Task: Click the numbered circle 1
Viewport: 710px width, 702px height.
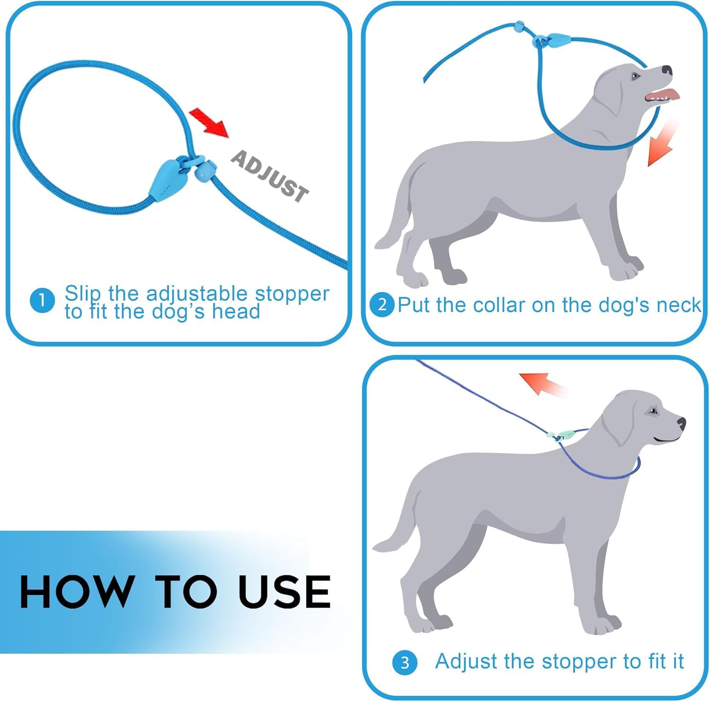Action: [x=42, y=301]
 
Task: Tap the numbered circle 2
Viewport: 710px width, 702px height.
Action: [x=382, y=304]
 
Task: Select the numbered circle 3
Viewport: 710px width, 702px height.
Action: [x=405, y=662]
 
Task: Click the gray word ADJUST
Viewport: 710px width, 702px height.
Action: [x=269, y=176]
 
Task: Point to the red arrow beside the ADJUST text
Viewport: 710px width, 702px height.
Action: [x=209, y=122]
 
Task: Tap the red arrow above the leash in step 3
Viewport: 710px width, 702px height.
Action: [x=542, y=382]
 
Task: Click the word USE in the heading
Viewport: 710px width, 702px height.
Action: [x=284, y=591]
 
